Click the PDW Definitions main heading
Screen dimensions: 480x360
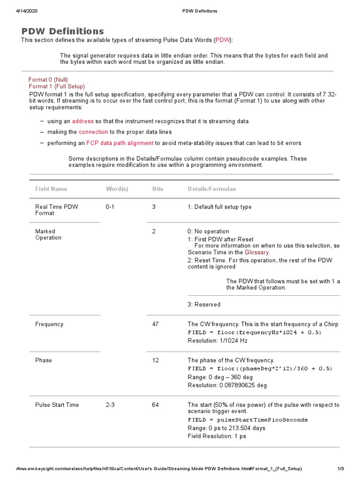63,31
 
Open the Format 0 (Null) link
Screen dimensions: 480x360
52,80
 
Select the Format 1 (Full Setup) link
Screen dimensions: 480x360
57,86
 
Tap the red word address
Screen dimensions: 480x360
82,121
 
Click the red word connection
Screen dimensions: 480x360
93,132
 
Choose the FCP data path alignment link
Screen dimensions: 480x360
120,143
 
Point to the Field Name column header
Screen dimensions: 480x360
51,189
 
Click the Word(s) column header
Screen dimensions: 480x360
117,189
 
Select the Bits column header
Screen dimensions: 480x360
158,189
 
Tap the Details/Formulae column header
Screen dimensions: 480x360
212,189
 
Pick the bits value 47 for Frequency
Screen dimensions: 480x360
156,324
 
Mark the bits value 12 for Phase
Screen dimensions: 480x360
156,360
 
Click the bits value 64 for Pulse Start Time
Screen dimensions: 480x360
156,405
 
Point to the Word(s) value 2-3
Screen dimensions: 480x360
110,405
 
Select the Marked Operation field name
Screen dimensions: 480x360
48,234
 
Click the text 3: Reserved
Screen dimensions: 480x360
204,305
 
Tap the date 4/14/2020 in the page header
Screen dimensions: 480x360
27,11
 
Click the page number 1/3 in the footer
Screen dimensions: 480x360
341,469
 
